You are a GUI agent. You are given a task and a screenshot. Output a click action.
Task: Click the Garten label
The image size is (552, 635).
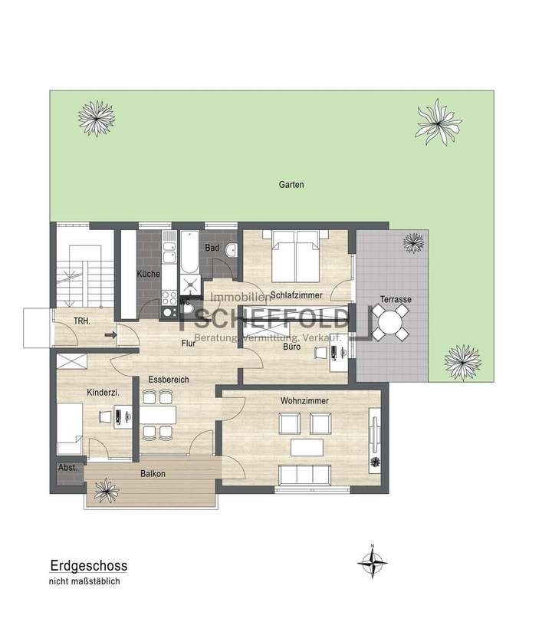(x=292, y=185)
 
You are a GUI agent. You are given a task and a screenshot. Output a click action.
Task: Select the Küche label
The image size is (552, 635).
(x=148, y=274)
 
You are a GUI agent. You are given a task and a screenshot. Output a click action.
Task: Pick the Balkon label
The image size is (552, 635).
(x=153, y=474)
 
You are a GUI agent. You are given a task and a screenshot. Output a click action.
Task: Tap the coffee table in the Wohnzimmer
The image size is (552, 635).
(x=310, y=447)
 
